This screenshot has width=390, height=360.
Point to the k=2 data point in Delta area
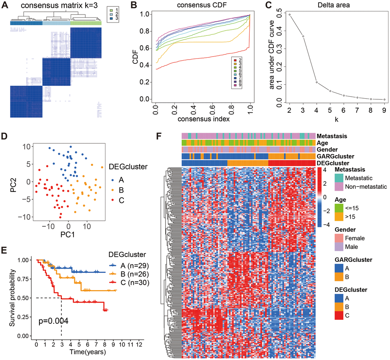[x=290, y=15]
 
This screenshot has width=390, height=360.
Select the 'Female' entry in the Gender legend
[x=354, y=238]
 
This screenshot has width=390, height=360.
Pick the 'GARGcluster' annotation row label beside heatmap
[x=335, y=156]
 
